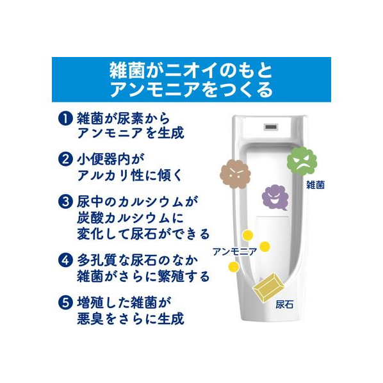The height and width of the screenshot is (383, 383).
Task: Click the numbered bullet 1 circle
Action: (65, 119)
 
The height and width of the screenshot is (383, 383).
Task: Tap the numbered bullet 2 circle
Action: (65, 159)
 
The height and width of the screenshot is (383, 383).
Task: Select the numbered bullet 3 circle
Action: (65, 202)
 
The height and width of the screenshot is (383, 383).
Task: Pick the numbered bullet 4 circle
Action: (65, 261)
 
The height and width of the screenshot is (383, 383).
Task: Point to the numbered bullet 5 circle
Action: (65, 302)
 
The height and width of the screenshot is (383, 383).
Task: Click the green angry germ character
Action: (302, 161)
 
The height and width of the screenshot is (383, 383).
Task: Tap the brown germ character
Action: (236, 174)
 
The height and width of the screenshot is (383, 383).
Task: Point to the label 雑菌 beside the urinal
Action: (316, 185)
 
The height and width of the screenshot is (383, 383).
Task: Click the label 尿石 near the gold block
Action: (284, 305)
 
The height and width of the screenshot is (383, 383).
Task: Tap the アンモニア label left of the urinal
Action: (235, 252)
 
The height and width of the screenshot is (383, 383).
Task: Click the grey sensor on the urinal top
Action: (271, 127)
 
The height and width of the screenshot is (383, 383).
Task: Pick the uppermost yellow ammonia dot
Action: (248, 235)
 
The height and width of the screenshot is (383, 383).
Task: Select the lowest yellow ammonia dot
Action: (234, 266)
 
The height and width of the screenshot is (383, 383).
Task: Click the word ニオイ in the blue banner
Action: (191, 70)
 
